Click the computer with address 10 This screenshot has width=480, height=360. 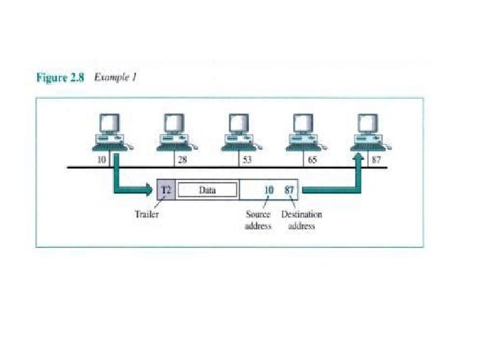(110, 131)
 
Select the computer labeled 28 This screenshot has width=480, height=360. (175, 131)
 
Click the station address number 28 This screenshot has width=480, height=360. (182, 161)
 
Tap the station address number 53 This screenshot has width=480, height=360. (247, 161)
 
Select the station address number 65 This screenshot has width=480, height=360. (312, 161)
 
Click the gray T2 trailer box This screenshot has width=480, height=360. (166, 190)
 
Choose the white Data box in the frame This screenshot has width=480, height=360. (207, 190)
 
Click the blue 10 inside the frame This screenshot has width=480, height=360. (268, 190)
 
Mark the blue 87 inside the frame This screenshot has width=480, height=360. (289, 190)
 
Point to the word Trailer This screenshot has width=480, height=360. (147, 215)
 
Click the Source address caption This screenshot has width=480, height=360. (258, 221)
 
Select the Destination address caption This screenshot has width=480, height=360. (301, 221)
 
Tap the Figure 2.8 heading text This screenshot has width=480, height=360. (60, 78)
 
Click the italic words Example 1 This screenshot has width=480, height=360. (115, 77)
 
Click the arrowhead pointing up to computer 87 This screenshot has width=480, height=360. (359, 159)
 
